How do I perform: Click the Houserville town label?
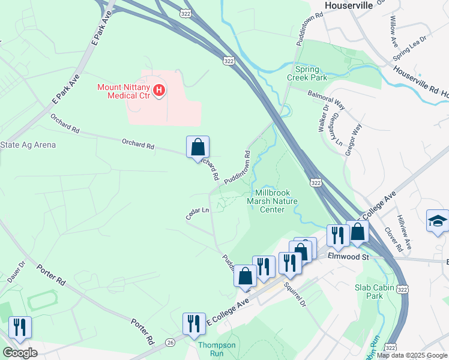tap(349, 5)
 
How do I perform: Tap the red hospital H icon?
tap(159, 91)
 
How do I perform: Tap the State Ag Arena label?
tap(28, 145)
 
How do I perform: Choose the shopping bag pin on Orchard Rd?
tap(197, 147)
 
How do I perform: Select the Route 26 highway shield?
tap(170, 342)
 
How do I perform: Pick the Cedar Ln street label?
tap(197, 213)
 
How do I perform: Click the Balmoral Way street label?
tap(326, 99)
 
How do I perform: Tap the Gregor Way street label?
tap(354, 140)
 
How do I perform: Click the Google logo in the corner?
tap(20, 352)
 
